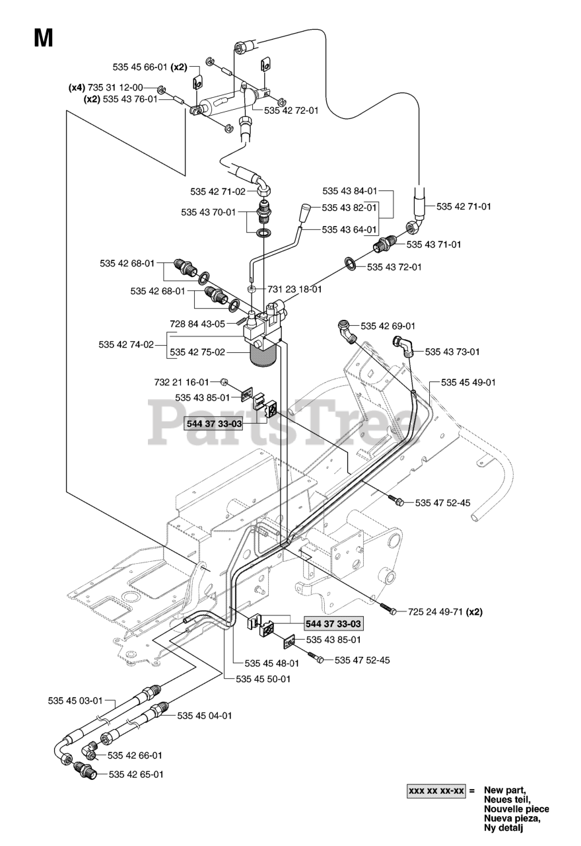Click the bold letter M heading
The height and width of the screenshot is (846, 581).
(44, 38)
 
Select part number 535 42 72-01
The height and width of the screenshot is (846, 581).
(291, 110)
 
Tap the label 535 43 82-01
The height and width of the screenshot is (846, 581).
(349, 208)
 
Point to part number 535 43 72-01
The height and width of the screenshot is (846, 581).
(394, 267)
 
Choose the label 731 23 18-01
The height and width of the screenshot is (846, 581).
(295, 289)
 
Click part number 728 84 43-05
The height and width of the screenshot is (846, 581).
(197, 324)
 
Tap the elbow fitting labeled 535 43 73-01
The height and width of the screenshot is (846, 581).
(403, 346)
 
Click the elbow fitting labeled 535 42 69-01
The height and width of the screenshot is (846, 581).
(347, 330)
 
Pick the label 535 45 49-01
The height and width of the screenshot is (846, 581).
(468, 382)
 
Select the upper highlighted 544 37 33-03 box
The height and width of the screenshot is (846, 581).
(215, 424)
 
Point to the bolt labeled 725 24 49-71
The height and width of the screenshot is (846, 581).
(388, 609)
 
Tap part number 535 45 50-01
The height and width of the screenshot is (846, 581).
(263, 679)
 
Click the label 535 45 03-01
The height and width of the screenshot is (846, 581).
(75, 701)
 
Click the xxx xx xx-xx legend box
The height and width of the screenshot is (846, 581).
(436, 790)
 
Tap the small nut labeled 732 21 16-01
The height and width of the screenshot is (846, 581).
(224, 382)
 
